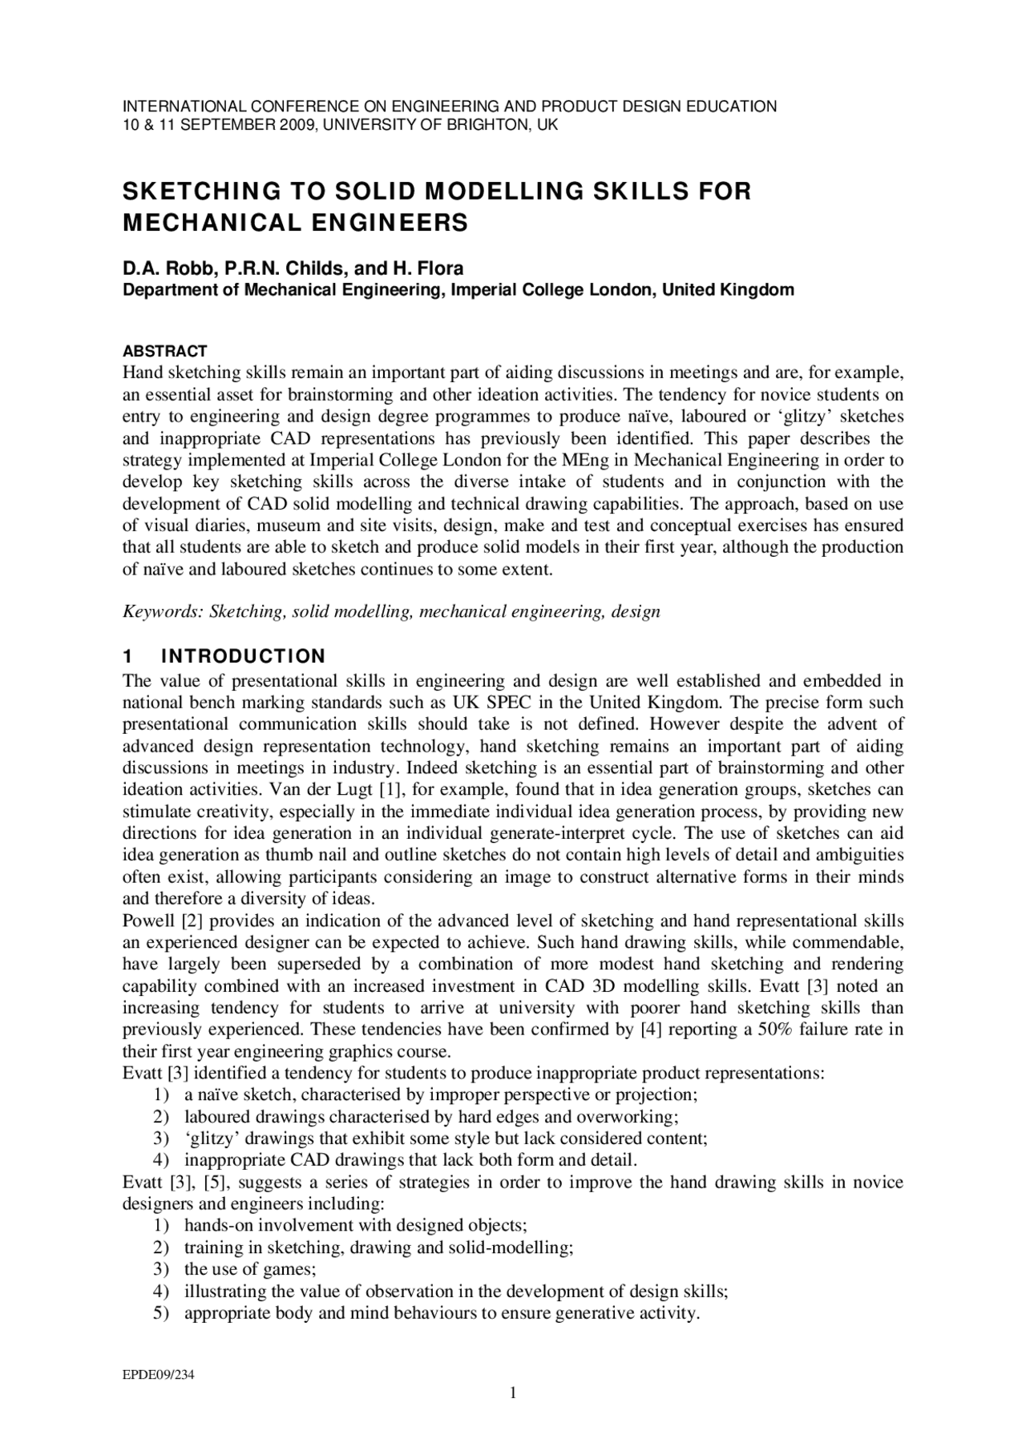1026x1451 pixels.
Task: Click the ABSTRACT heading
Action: pyautogui.click(x=164, y=351)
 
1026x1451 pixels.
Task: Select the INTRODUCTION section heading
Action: pyautogui.click(x=243, y=656)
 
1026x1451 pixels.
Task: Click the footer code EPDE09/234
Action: pyautogui.click(x=158, y=1376)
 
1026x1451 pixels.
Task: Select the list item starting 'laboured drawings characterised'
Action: pyautogui.click(x=431, y=1117)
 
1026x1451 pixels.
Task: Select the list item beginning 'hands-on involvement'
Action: pyautogui.click(x=355, y=1226)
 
